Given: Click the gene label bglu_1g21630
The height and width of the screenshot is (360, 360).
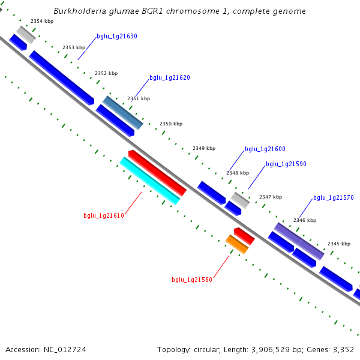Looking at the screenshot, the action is (x=117, y=37).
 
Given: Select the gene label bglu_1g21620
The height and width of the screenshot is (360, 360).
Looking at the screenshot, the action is (x=170, y=78).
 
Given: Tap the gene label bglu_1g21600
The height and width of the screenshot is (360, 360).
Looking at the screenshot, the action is (x=265, y=149).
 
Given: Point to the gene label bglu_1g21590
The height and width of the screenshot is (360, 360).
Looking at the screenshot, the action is (x=286, y=164).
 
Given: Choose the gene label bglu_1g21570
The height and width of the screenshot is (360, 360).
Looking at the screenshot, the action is (x=334, y=198).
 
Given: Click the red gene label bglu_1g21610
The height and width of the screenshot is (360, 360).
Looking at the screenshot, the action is (x=104, y=216).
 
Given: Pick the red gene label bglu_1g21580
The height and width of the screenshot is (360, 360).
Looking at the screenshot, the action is (x=192, y=280).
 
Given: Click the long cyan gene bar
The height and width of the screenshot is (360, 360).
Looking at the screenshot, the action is (x=149, y=181).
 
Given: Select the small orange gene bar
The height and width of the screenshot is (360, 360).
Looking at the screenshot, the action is (x=237, y=244).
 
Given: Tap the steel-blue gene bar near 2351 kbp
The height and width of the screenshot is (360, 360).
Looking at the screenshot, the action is (x=123, y=112).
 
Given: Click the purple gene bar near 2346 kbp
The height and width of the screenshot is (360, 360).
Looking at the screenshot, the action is (x=299, y=241).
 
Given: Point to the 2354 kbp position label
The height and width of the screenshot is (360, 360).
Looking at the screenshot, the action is (x=41, y=21).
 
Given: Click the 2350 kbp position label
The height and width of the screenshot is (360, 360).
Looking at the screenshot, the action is (x=170, y=124).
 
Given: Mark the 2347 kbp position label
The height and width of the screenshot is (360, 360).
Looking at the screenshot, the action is (x=270, y=197).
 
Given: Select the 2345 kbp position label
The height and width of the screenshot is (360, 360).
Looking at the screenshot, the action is (x=338, y=244).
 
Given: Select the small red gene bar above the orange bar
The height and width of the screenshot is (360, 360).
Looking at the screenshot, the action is (x=244, y=235).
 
